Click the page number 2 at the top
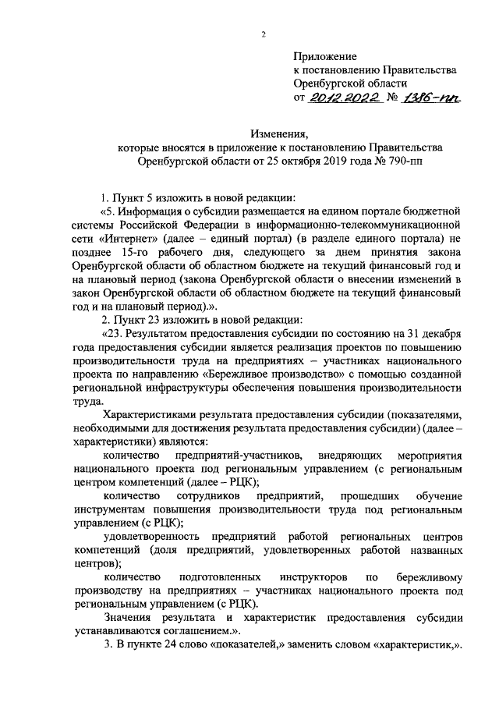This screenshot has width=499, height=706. pos(264,34)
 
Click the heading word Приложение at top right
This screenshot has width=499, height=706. pos(324,57)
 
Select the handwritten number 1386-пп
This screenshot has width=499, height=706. pos(434,98)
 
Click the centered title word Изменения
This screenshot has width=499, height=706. pos(279,134)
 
